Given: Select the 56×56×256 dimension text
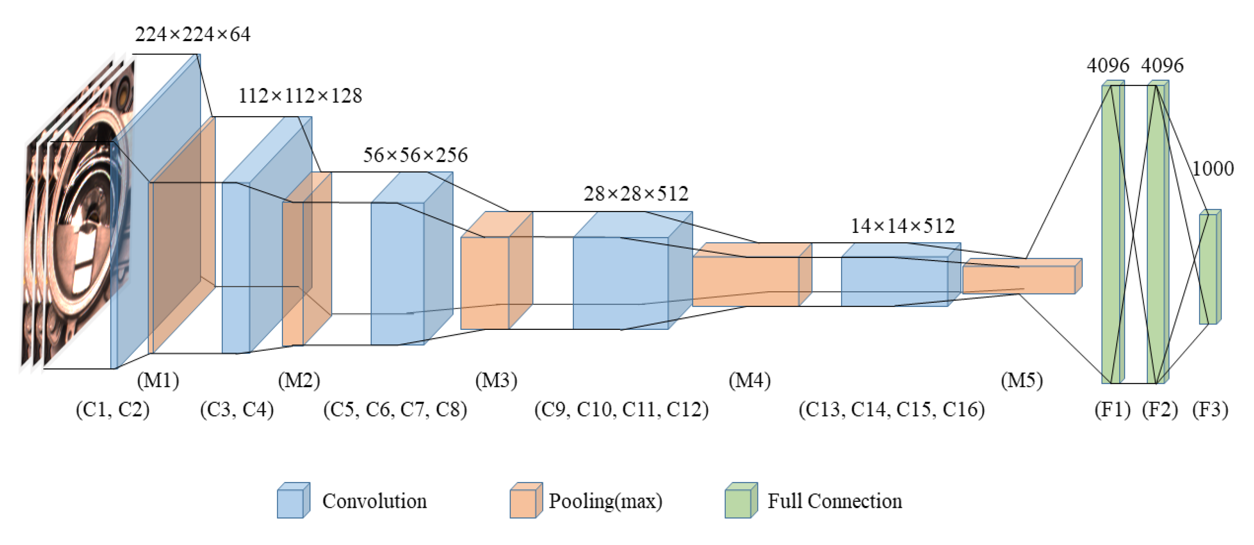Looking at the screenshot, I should tap(415, 155).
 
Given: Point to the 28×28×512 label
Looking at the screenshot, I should tap(636, 194).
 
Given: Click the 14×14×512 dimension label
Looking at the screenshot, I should tap(903, 226).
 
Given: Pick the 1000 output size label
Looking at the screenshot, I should tap(1213, 168).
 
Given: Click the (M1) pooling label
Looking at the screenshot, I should tap(158, 380).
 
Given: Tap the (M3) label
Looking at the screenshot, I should tap(496, 380).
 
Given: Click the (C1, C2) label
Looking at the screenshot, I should tap(112, 409).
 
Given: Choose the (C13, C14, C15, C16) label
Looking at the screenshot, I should tap(891, 409).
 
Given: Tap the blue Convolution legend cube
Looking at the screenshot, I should tap(293, 501).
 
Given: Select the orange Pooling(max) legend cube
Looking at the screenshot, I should tap(526, 501).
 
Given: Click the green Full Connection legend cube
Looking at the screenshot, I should tap(740, 501).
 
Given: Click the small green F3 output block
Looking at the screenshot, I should tap(1209, 268).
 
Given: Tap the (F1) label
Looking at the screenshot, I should tap(1112, 409).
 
